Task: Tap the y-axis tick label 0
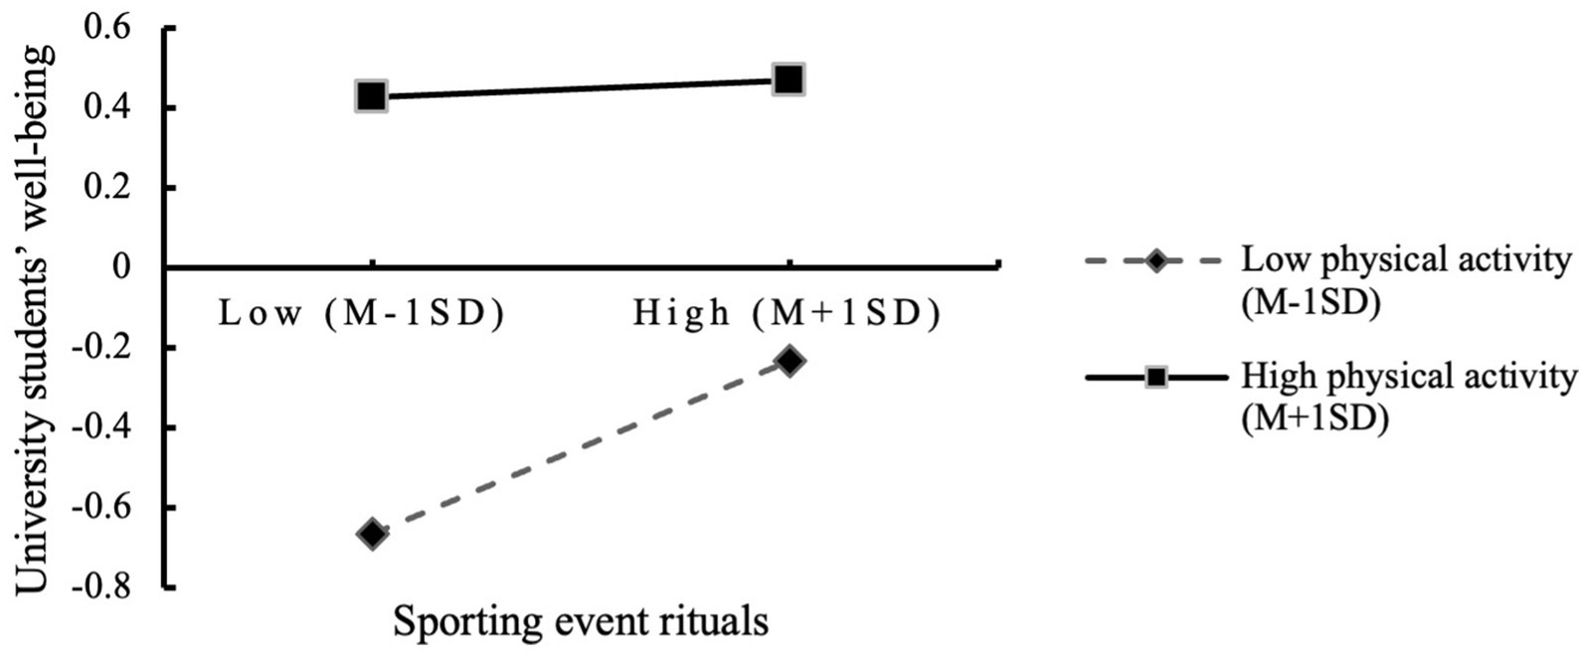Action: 122,267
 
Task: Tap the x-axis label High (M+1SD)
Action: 787,314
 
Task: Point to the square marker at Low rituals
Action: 372,96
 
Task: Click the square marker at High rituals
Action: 789,80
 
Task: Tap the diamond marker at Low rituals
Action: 373,534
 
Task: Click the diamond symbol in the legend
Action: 1156,261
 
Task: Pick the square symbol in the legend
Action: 1156,378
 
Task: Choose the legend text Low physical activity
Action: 1406,260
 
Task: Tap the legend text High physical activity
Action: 1409,377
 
